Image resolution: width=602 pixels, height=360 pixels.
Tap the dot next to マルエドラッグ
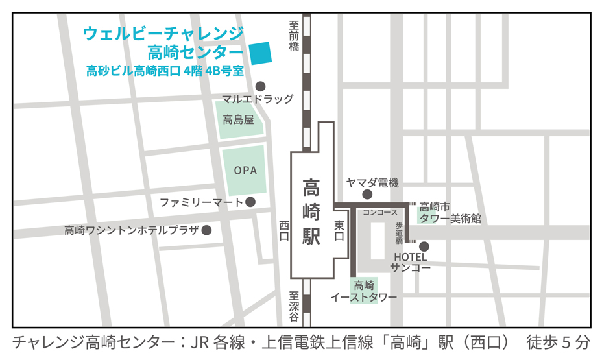pos(261,86)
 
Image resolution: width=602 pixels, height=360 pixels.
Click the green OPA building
pos(245,171)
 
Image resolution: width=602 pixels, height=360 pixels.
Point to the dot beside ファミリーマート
pos(250,202)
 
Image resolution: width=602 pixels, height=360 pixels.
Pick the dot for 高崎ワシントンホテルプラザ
pos(207,230)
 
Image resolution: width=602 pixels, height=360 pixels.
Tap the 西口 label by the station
pos(283,231)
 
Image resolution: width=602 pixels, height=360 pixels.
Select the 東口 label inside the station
pos(339,231)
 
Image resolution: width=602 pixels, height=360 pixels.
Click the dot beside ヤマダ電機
pos(367,194)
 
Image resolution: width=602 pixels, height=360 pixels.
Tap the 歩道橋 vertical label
pos(400,232)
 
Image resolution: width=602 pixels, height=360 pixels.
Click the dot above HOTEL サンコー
pos(424,246)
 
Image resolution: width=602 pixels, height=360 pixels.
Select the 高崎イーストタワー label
pos(363,291)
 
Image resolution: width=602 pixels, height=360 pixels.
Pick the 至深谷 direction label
pos(294,307)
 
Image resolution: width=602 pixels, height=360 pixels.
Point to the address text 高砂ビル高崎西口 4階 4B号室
pos(165,71)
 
